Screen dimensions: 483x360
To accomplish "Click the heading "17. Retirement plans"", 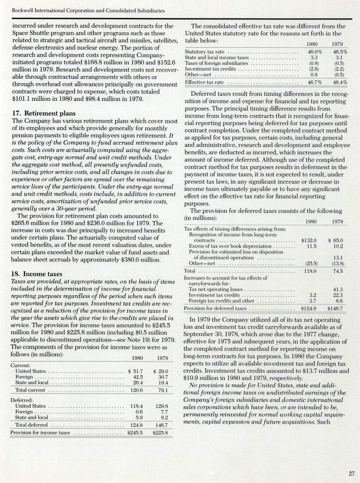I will coord(44,113).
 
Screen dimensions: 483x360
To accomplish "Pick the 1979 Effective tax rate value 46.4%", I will coord(339,83).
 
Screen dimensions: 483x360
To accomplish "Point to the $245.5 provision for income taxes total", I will coord(135,433).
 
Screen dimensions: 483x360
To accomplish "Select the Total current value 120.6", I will coord(136,390).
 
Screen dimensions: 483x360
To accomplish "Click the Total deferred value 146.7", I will coord(161,425).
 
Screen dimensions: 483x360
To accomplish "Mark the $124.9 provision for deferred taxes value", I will coord(309,309).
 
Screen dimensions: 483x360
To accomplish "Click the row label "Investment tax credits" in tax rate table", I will coord(211,69).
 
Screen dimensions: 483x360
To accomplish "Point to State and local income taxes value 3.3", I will coord(314,58).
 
